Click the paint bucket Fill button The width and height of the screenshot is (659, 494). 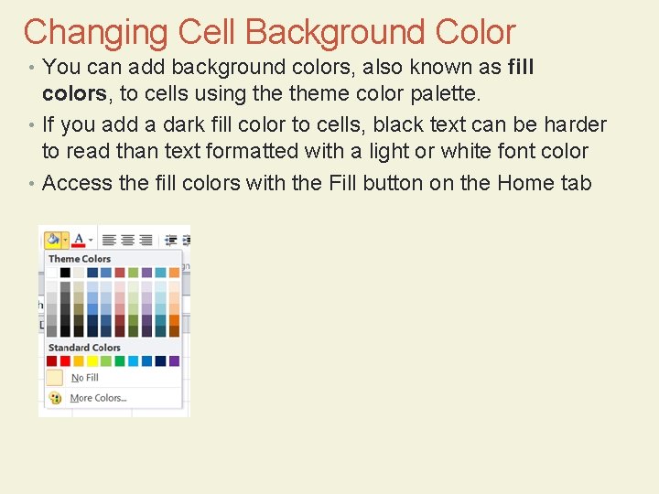pyautogui.click(x=53, y=240)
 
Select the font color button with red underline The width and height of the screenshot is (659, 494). pyautogui.click(x=79, y=240)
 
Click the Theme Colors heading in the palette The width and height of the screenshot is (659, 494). pyautogui.click(x=80, y=259)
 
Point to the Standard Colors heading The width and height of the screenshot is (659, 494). pyautogui.click(x=84, y=348)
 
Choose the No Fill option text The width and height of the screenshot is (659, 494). pyautogui.click(x=85, y=378)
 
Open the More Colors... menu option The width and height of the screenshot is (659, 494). pyautogui.click(x=98, y=398)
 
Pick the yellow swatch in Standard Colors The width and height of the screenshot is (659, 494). pyautogui.click(x=92, y=361)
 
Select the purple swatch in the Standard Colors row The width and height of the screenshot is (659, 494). pyautogui.click(x=174, y=361)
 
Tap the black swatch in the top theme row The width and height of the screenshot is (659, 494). pyautogui.click(x=65, y=273)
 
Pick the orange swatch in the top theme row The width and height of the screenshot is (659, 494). pyautogui.click(x=174, y=273)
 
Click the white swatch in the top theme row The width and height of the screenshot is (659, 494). pyautogui.click(x=52, y=273)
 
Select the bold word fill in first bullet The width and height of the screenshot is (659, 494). pyautogui.click(x=520, y=68)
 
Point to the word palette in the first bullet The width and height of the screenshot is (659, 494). pyautogui.click(x=446, y=92)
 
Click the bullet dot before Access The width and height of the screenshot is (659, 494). pyautogui.click(x=31, y=183)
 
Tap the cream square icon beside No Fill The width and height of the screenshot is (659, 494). pyautogui.click(x=55, y=378)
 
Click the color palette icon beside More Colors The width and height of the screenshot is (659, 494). pyautogui.click(x=55, y=398)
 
